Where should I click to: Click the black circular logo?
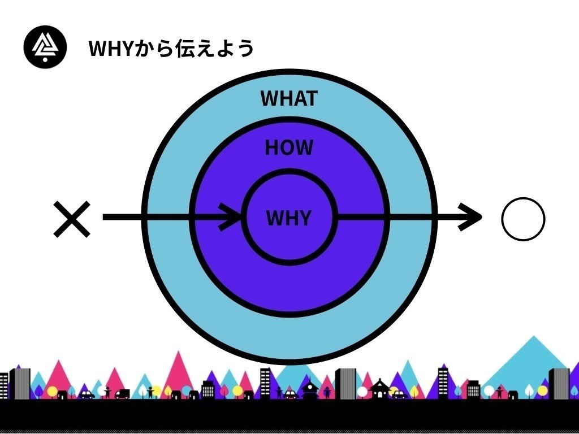coord(45,47)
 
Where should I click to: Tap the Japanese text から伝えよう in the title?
coord(193,49)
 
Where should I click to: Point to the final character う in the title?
coord(244,49)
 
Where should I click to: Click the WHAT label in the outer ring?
coord(288,98)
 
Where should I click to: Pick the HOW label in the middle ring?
coord(288,148)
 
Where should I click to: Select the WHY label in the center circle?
coord(288,218)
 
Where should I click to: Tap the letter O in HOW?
coord(288,148)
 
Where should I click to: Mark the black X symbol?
coord(72,219)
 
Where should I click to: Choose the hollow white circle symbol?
coord(523,219)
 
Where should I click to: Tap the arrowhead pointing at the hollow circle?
coord(472,217)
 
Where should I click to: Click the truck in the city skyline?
coord(122,393)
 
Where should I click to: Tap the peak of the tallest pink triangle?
coord(179,353)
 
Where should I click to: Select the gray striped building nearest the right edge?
coord(559,384)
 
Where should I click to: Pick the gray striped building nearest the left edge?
coord(20,384)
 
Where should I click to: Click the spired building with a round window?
coord(309,389)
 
